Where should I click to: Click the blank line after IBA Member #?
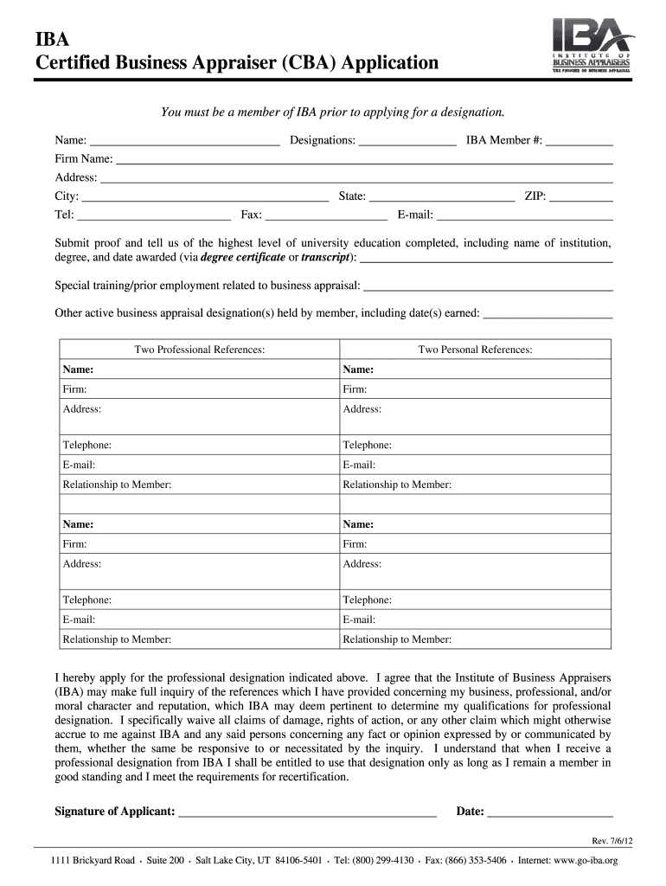579,141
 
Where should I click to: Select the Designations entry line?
407,141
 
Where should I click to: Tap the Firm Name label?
84,159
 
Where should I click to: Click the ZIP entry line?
581,197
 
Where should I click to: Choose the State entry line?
441,197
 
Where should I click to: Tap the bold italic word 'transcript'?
326,258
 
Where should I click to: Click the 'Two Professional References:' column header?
199,350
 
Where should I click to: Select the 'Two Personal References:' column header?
475,350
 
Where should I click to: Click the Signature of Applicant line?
307,812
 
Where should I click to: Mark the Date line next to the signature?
550,812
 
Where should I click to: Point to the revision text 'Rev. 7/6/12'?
592,842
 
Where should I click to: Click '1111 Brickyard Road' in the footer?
93,861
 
